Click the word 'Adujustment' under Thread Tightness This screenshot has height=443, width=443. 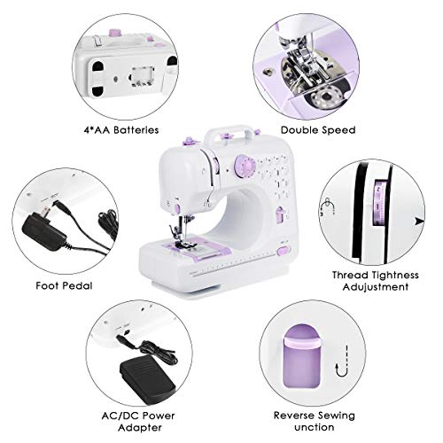(370, 287)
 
